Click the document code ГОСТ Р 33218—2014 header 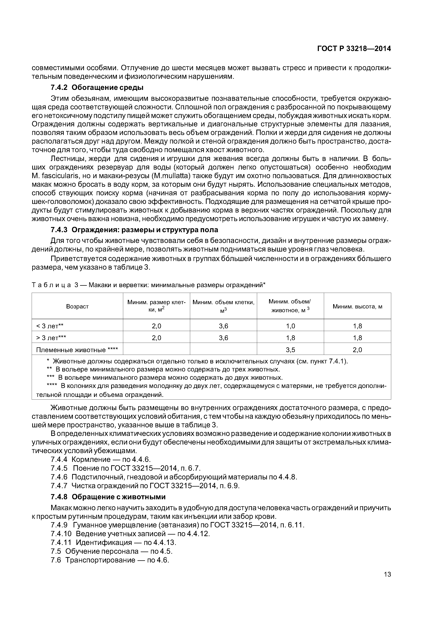[354, 49]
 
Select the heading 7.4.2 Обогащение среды [97, 88]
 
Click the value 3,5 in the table [290, 350]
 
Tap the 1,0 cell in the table [290, 326]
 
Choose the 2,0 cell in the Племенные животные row [357, 350]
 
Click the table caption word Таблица [51, 285]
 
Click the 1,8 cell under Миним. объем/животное [290, 338]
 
